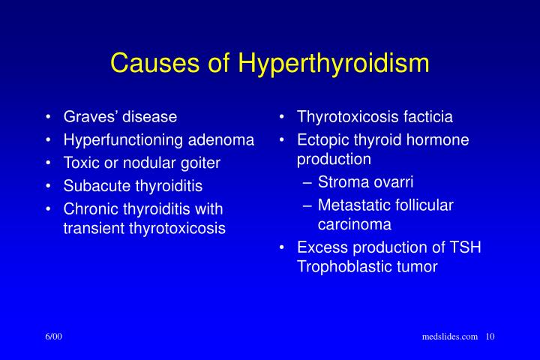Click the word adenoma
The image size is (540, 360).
coord(222,139)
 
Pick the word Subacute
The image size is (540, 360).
coord(95,184)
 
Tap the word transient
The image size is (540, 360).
coord(94,228)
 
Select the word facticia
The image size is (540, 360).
coord(427,117)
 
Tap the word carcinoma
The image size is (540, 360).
coord(354,223)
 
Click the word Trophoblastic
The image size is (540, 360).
coord(340,266)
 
